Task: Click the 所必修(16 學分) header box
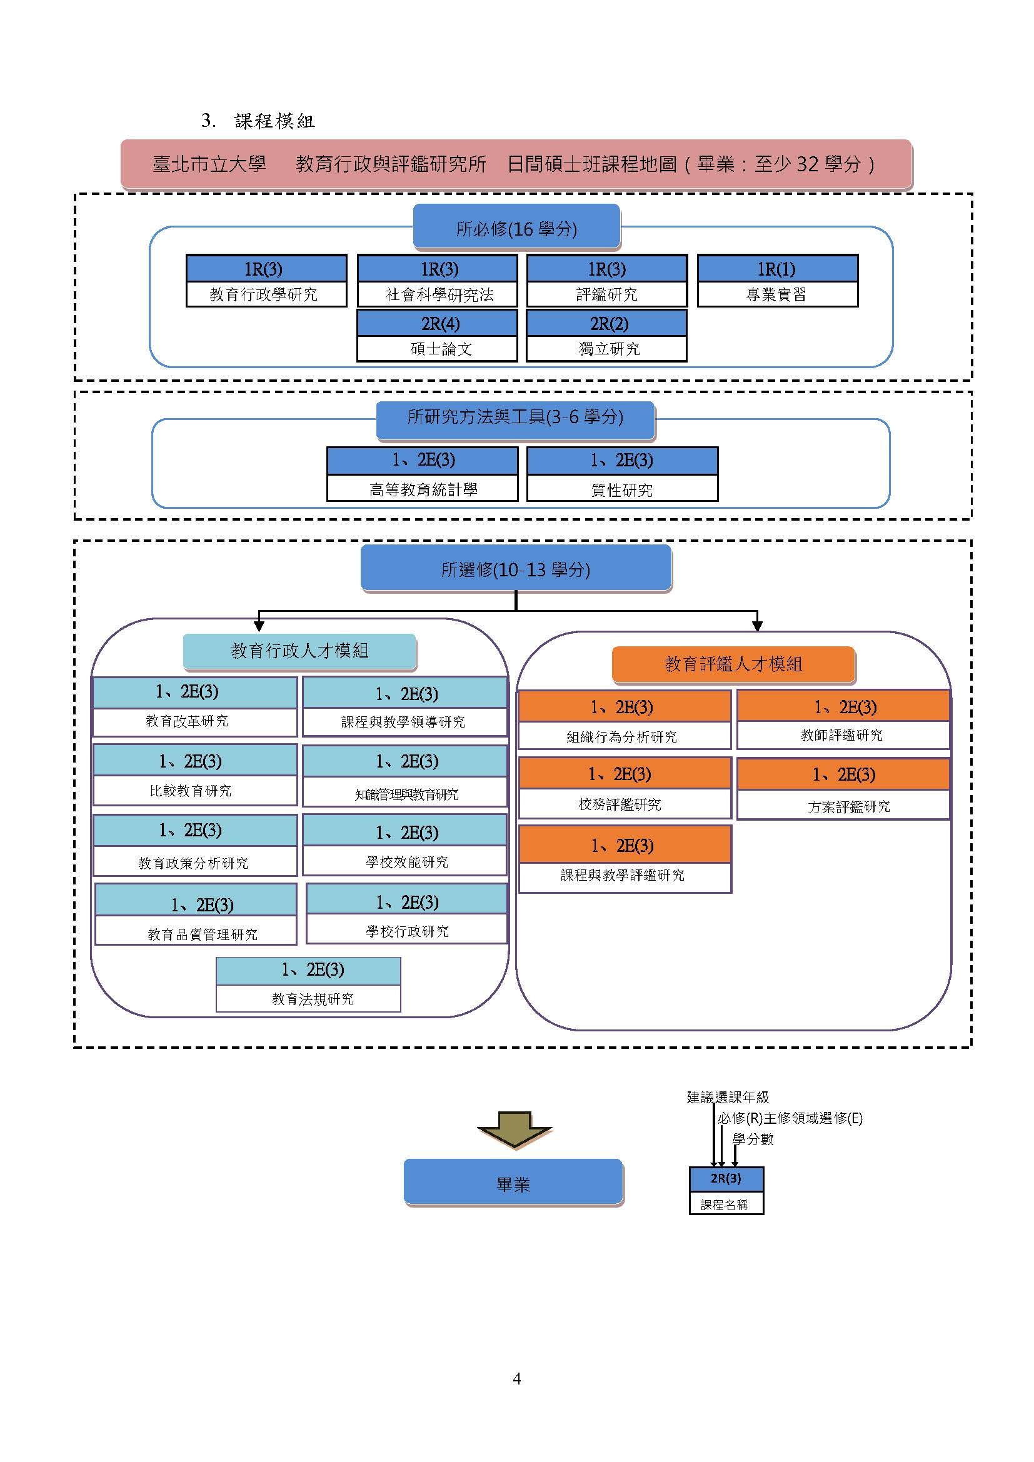point(516,227)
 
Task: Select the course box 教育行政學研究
point(266,281)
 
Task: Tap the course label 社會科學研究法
point(439,295)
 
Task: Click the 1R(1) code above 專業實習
point(777,269)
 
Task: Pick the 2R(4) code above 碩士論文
point(440,324)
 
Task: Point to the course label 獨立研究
point(610,349)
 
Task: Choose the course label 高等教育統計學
point(423,489)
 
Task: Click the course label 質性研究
point(622,490)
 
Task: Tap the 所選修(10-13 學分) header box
point(516,568)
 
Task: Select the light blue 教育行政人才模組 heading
point(299,651)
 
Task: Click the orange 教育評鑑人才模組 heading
point(733,664)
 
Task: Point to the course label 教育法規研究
point(313,999)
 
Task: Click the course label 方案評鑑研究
point(849,807)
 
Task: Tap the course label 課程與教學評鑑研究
point(623,876)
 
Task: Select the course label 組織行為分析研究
point(622,738)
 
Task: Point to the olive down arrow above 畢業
point(514,1130)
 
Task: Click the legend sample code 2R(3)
point(726,1178)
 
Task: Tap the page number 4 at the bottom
point(517,1379)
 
